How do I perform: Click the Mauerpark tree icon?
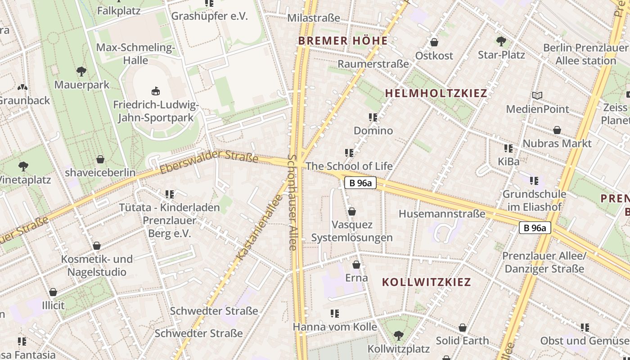[x=81, y=71]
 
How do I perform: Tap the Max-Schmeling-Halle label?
[x=135, y=54]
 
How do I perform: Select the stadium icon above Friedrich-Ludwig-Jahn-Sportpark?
[x=156, y=91]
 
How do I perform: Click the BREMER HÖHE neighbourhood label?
[x=343, y=41]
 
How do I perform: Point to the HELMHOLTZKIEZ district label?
[x=436, y=94]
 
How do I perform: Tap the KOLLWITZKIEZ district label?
[x=426, y=282]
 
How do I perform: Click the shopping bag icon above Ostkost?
[x=434, y=42]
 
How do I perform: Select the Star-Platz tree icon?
[x=501, y=41]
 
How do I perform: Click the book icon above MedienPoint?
[x=537, y=95]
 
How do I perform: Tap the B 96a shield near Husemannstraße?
[x=360, y=183]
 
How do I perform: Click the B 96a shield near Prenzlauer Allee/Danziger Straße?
[x=535, y=228]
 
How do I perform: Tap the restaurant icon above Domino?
[x=373, y=117]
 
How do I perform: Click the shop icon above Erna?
[x=356, y=265]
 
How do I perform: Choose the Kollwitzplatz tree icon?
[x=398, y=335]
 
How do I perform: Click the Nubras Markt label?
[x=557, y=144]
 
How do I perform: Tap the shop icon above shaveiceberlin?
[x=100, y=159]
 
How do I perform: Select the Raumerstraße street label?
[x=373, y=64]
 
